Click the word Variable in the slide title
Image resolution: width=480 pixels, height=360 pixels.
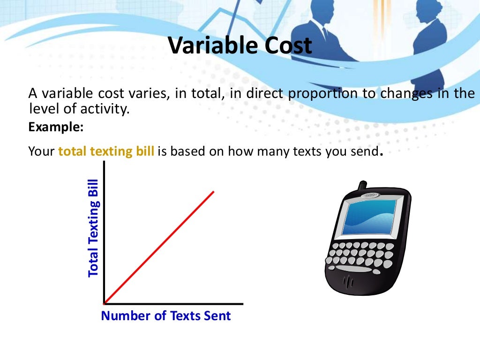(205, 46)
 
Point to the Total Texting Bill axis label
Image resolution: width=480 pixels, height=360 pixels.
(94, 227)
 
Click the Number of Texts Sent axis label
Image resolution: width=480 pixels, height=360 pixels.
(166, 315)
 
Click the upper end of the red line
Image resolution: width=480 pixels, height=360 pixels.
(213, 192)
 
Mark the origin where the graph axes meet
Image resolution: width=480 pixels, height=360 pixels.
(104, 303)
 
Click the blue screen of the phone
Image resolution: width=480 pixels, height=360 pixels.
(370, 217)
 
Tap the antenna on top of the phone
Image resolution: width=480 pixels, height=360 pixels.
(361, 186)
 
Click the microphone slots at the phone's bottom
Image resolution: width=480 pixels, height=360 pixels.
(349, 282)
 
